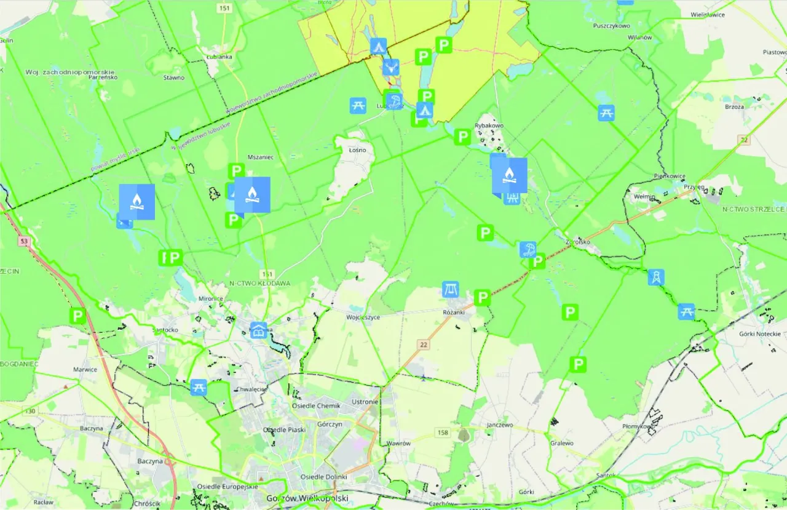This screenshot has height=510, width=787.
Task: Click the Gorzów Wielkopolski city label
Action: click(307, 498)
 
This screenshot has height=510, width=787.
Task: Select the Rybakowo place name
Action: click(489, 126)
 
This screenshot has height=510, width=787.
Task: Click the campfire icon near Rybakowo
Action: click(509, 175)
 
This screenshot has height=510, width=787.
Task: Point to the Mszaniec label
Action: click(259, 157)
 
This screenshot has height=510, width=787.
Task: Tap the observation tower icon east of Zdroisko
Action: click(656, 277)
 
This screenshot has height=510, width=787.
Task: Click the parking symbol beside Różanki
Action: click(483, 298)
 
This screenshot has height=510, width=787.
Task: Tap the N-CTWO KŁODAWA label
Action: click(259, 283)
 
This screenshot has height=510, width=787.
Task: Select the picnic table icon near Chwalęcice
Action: click(199, 387)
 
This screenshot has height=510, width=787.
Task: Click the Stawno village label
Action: click(173, 78)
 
